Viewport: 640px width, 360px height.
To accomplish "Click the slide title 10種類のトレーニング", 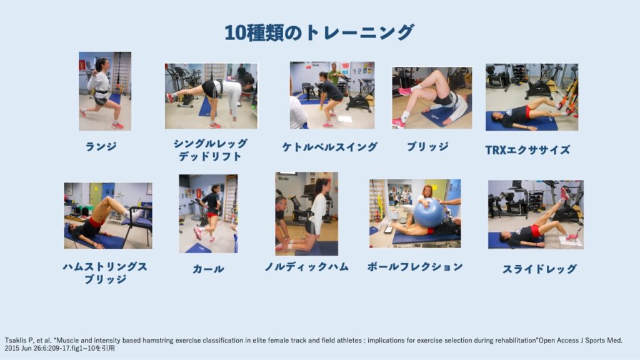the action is pos(319,32).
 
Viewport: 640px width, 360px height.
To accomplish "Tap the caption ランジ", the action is pos(101,146).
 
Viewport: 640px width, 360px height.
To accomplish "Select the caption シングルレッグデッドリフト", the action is pos(211,150).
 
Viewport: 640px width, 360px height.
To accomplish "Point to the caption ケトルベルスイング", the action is pos(330,147).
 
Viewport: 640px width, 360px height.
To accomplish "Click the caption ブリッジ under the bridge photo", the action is pos(427,146).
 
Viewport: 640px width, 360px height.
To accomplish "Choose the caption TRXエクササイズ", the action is pos(527,150).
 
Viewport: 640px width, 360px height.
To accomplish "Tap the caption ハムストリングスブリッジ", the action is pos(105,272).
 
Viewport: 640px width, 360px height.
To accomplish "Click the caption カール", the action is pos(208,269).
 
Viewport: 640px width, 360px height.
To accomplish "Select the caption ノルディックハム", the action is pos(306,266).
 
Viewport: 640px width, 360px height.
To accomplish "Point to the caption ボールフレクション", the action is pos(415,266).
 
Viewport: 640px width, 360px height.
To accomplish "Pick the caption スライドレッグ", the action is pos(539,269).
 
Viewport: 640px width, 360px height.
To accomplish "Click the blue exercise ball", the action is pos(429,213).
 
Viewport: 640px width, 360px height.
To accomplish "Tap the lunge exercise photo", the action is pos(105,91).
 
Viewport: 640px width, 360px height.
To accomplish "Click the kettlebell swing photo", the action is pos(332,95).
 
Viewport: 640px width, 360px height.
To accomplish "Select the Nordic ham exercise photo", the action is pos(306,214).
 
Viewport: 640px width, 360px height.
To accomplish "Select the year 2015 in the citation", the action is pos(11,348).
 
